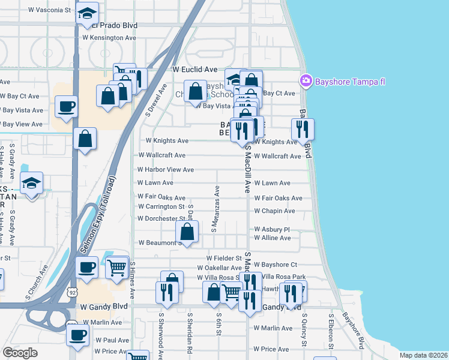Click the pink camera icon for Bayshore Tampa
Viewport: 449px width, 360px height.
tap(306, 80)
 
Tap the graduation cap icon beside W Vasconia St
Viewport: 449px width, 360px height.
tap(87, 14)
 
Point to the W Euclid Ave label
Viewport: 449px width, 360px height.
tap(194, 70)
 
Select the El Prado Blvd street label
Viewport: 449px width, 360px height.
tap(114, 26)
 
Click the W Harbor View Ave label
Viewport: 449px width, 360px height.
tap(166, 170)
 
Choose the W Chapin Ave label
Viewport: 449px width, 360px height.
tap(274, 211)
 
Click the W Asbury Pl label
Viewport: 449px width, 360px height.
tap(272, 229)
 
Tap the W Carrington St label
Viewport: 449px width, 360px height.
tap(161, 207)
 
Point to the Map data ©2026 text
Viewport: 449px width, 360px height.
tap(424, 355)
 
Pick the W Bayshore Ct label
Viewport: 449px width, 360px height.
tap(276, 265)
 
